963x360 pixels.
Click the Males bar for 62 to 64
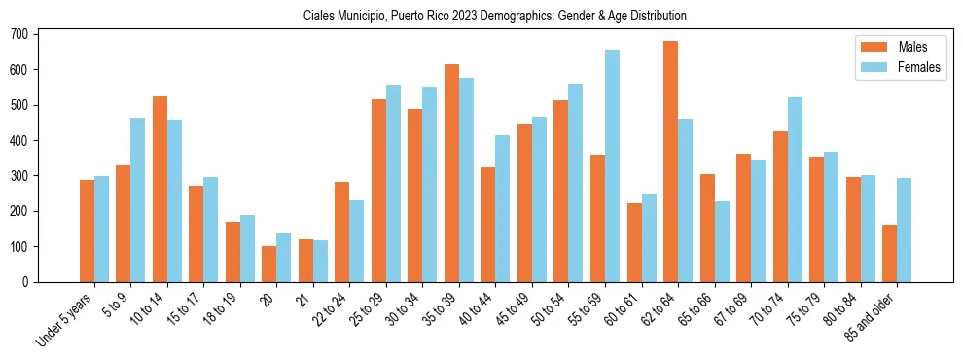click(x=670, y=162)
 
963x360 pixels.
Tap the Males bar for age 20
click(x=269, y=264)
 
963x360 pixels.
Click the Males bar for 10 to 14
click(x=160, y=189)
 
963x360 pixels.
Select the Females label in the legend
click(x=920, y=68)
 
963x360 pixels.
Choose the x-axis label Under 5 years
click(x=65, y=317)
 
